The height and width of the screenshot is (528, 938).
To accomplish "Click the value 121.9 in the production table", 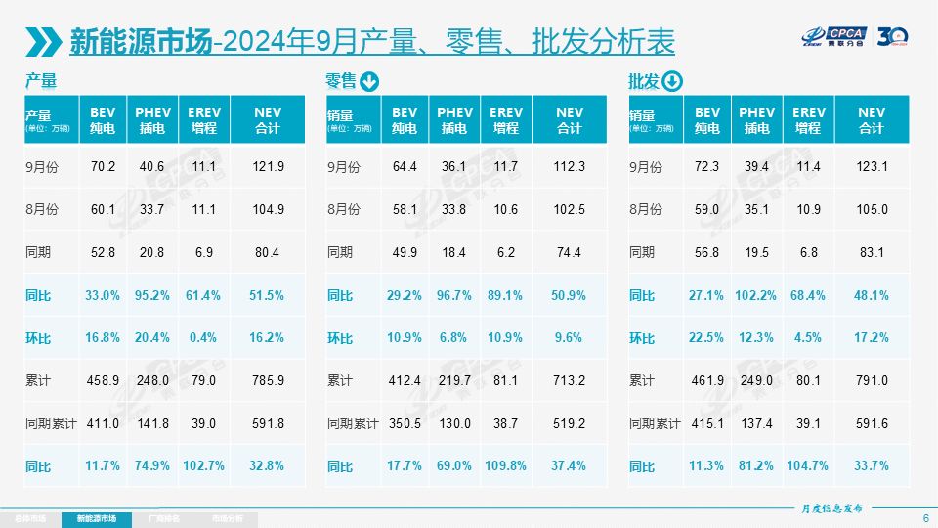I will (268, 167).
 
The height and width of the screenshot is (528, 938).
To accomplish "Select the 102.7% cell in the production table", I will (203, 466).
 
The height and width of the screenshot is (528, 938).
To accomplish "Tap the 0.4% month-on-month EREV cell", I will (203, 338).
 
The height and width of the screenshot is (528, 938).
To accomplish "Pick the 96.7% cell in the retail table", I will (453, 295).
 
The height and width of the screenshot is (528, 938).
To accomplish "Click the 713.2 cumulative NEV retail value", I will (569, 381).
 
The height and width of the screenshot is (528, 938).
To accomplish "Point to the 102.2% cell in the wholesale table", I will (756, 295).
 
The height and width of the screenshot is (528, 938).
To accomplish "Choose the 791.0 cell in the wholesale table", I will (872, 381).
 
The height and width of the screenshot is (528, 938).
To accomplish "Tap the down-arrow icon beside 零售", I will (369, 82).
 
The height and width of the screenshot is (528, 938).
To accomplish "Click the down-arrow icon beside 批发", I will (672, 82).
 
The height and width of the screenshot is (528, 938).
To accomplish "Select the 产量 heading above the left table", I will (41, 81).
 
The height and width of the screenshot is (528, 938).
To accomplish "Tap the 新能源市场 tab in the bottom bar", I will (96, 518).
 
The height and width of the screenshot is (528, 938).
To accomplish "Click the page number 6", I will (925, 518).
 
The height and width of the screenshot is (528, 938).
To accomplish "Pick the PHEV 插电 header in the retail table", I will (453, 120).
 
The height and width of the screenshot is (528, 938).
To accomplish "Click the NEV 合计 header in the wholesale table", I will (872, 120).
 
